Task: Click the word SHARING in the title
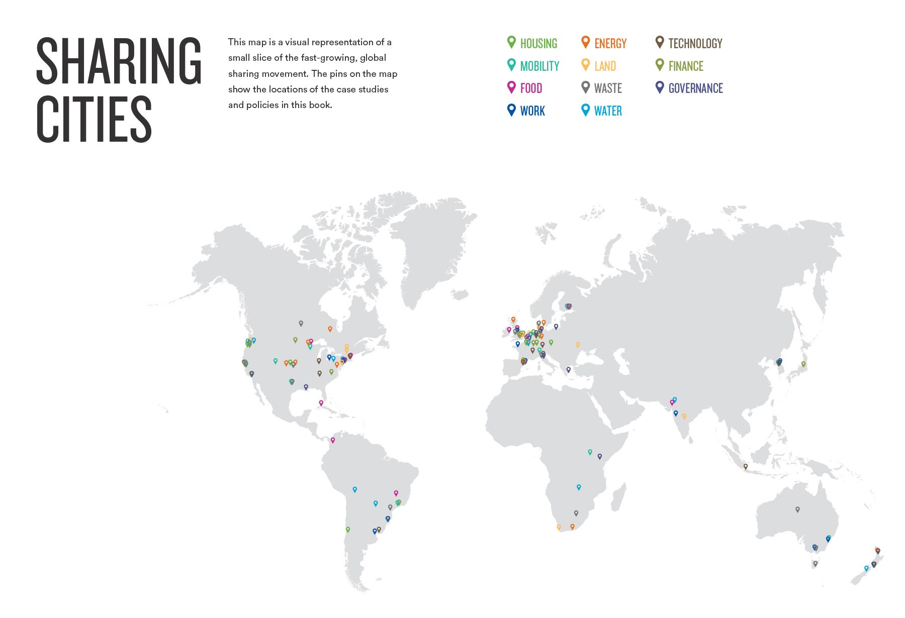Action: click(119, 61)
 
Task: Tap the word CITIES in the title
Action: click(94, 120)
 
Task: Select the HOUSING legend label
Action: click(538, 44)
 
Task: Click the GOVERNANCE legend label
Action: click(695, 88)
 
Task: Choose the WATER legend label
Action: click(608, 111)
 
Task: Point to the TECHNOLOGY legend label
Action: click(695, 44)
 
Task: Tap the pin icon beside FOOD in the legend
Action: click(511, 87)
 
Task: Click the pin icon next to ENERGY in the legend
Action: click(585, 42)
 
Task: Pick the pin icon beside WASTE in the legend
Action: click(585, 87)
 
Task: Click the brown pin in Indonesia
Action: click(746, 466)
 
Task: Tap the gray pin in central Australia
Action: click(797, 509)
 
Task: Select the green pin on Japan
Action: click(803, 364)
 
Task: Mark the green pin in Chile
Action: click(347, 530)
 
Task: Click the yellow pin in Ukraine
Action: click(578, 345)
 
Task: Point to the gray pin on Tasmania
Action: click(816, 564)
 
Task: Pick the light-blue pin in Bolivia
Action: click(355, 489)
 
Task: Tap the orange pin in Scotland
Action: click(513, 320)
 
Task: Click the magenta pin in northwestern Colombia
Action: click(332, 440)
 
